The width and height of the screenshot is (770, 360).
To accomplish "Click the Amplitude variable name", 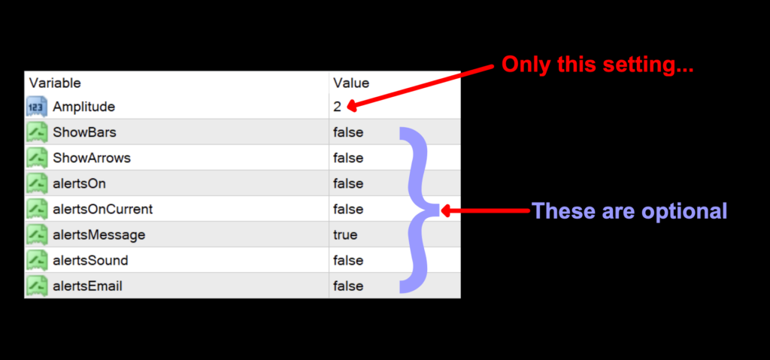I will pos(83,107).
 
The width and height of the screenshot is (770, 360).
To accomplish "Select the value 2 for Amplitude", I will pos(338,107).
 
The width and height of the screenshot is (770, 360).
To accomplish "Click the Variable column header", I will pos(55,83).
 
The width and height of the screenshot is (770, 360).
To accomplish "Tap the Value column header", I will pos(351,83).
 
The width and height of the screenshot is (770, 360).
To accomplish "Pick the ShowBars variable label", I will pos(84,132).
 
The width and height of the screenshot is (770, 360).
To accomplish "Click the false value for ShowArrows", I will pos(348,158).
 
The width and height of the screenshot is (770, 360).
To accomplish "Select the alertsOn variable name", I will pos(80,183).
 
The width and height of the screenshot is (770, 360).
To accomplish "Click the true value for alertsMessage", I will pos(345,234).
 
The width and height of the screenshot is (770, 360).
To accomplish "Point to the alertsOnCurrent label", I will pos(102,209).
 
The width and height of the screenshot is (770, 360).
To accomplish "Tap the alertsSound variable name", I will pos(90,260).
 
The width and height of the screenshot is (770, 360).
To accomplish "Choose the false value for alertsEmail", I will pos(348,286).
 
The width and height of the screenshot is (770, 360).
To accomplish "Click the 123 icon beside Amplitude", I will pos(37,107).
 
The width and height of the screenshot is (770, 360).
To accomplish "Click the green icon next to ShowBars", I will pos(37,132).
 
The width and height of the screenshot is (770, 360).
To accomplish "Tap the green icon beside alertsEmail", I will pos(37,286).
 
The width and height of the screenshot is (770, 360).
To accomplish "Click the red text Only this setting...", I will pos(596,65).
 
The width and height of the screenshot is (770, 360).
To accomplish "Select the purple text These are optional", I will pos(629,210).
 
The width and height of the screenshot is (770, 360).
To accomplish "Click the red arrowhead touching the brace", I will pos(445,211).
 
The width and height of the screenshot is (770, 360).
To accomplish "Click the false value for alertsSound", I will pos(348,260).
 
